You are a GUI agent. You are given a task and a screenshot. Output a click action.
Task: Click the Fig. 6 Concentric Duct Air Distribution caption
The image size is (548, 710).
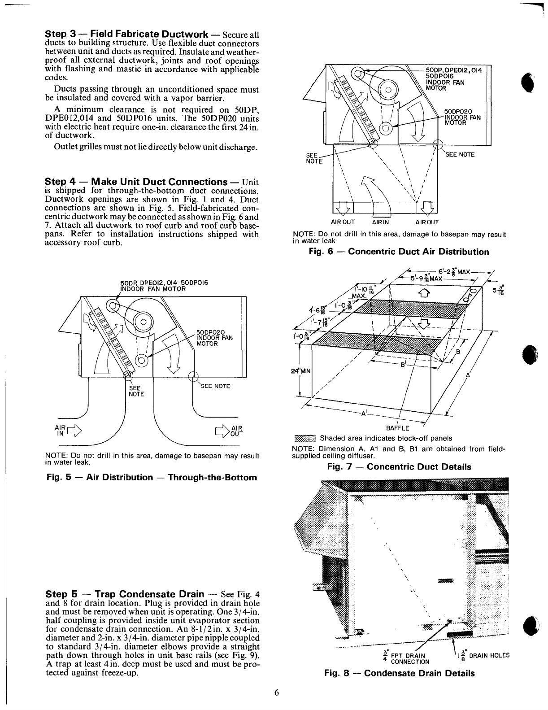399,252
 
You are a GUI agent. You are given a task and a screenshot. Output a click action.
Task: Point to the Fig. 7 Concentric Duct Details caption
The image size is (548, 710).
399,467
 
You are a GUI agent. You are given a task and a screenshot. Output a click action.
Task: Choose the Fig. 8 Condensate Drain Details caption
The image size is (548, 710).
400,673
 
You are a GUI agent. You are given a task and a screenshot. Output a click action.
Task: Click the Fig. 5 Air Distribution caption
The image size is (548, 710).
152,477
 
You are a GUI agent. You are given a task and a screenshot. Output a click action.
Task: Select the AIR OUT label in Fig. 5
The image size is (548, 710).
236,431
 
